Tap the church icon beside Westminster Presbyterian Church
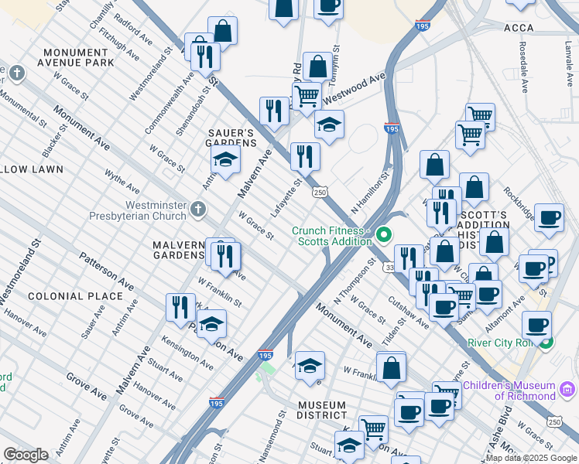pos(199,208)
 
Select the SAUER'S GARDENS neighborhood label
pos(231,138)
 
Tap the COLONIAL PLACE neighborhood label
pos(75,296)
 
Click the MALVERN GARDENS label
pos(177,250)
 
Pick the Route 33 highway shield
pos(389,267)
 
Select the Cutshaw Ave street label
pos(409,312)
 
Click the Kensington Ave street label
pos(187,352)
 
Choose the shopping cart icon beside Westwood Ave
pos(307,96)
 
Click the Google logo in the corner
pos(26,454)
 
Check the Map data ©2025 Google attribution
pos(530,458)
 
